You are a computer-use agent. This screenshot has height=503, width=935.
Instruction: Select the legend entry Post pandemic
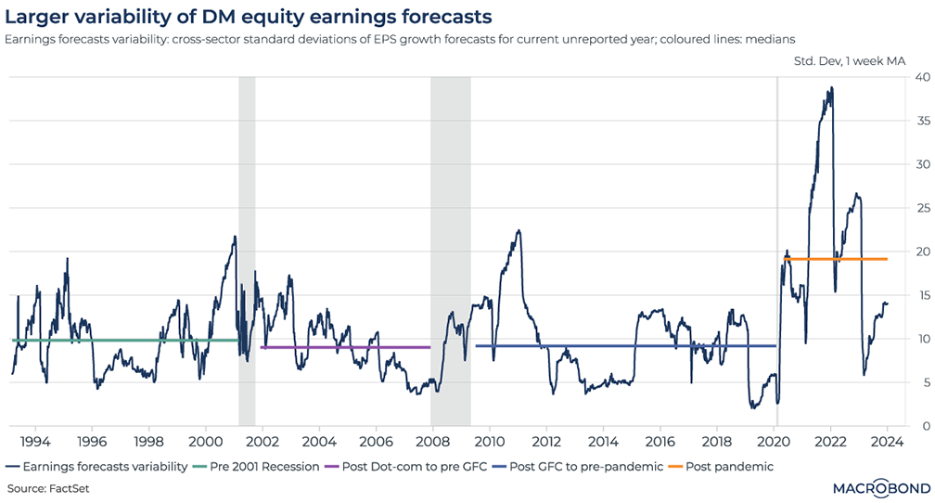[729, 466]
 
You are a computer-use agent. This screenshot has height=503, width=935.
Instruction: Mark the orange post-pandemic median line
[835, 259]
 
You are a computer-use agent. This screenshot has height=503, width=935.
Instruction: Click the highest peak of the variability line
[831, 88]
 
